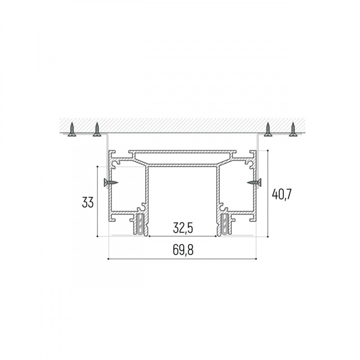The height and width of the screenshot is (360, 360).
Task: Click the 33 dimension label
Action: (x=88, y=202)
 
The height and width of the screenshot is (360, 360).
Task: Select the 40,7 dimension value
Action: (x=282, y=194)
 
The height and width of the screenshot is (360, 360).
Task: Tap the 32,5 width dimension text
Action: (x=183, y=228)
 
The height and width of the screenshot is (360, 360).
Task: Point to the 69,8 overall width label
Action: (x=183, y=250)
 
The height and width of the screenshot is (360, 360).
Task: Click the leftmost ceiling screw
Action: (x=72, y=130)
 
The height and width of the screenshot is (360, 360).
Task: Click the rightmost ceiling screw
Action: (x=293, y=130)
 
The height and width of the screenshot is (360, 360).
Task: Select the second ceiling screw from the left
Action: (x=97, y=130)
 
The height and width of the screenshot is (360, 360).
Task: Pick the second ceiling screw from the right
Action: (x=268, y=130)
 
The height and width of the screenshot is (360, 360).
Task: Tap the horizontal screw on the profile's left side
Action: (x=111, y=183)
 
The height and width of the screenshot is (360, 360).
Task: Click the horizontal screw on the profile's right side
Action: (x=254, y=183)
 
